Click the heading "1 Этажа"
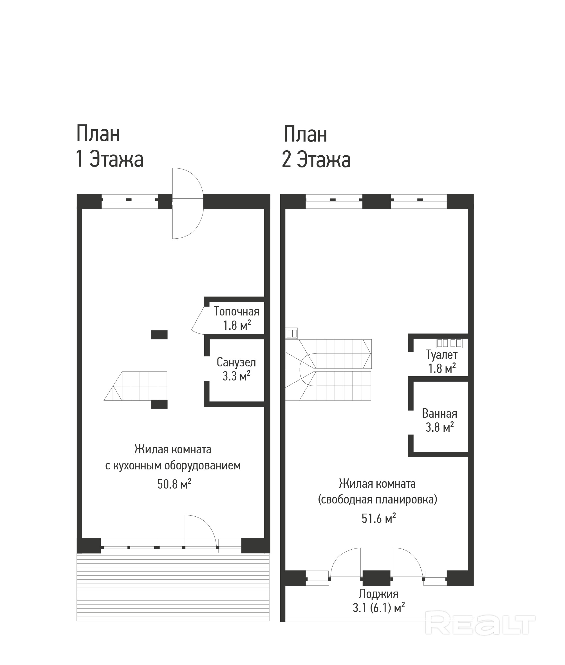pyautogui.click(x=109, y=159)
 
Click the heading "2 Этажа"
pyautogui.click(x=316, y=160)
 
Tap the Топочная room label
pyautogui.click(x=236, y=311)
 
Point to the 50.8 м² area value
pyautogui.click(x=174, y=484)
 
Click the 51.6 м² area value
pyautogui.click(x=378, y=518)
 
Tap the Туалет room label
pyautogui.click(x=441, y=355)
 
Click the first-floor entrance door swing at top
pyautogui.click(x=187, y=203)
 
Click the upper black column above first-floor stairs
pyautogui.click(x=159, y=335)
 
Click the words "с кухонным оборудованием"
pyautogui.click(x=173, y=465)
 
